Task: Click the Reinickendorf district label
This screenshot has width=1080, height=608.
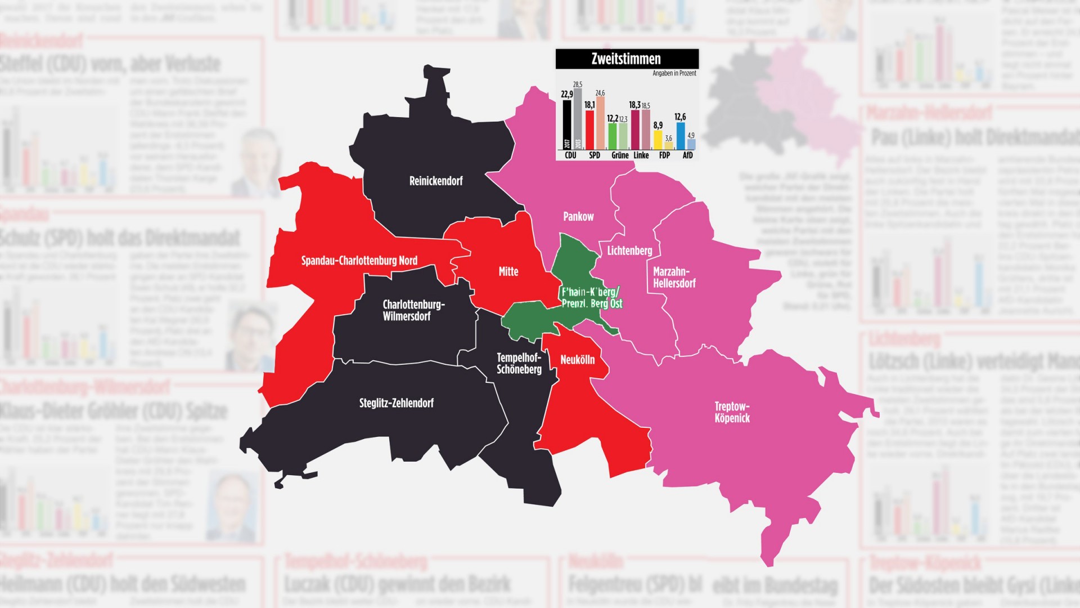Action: pyautogui.click(x=436, y=181)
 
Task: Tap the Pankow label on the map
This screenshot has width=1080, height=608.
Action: pyautogui.click(x=578, y=217)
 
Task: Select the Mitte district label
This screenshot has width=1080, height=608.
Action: pyautogui.click(x=508, y=271)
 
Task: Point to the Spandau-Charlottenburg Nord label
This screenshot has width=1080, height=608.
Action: pyautogui.click(x=359, y=261)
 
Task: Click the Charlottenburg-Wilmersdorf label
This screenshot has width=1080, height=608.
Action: pyautogui.click(x=413, y=310)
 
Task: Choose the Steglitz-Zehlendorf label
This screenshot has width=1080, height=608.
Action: pyautogui.click(x=396, y=403)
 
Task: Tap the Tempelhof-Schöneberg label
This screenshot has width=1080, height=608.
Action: pyautogui.click(x=519, y=364)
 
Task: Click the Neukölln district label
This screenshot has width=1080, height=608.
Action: pyautogui.click(x=577, y=360)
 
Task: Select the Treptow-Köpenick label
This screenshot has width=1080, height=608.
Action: pyautogui.click(x=732, y=412)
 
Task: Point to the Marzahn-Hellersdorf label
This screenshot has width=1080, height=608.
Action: pyautogui.click(x=673, y=278)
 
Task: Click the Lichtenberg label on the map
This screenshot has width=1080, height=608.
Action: pyautogui.click(x=629, y=251)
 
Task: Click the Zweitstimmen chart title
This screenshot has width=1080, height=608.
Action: pyautogui.click(x=626, y=59)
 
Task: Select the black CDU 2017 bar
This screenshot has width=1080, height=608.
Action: pyautogui.click(x=567, y=125)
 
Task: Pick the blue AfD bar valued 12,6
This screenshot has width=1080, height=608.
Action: pyautogui.click(x=681, y=136)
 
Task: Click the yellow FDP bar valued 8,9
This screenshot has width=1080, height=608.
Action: pyautogui.click(x=658, y=140)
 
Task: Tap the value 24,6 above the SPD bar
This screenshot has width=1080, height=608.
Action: pyautogui.click(x=600, y=93)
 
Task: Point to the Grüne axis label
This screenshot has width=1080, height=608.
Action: pyautogui.click(x=619, y=155)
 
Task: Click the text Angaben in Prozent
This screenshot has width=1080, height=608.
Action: pyautogui.click(x=674, y=73)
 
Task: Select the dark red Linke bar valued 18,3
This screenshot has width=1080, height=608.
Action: pyautogui.click(x=635, y=129)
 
